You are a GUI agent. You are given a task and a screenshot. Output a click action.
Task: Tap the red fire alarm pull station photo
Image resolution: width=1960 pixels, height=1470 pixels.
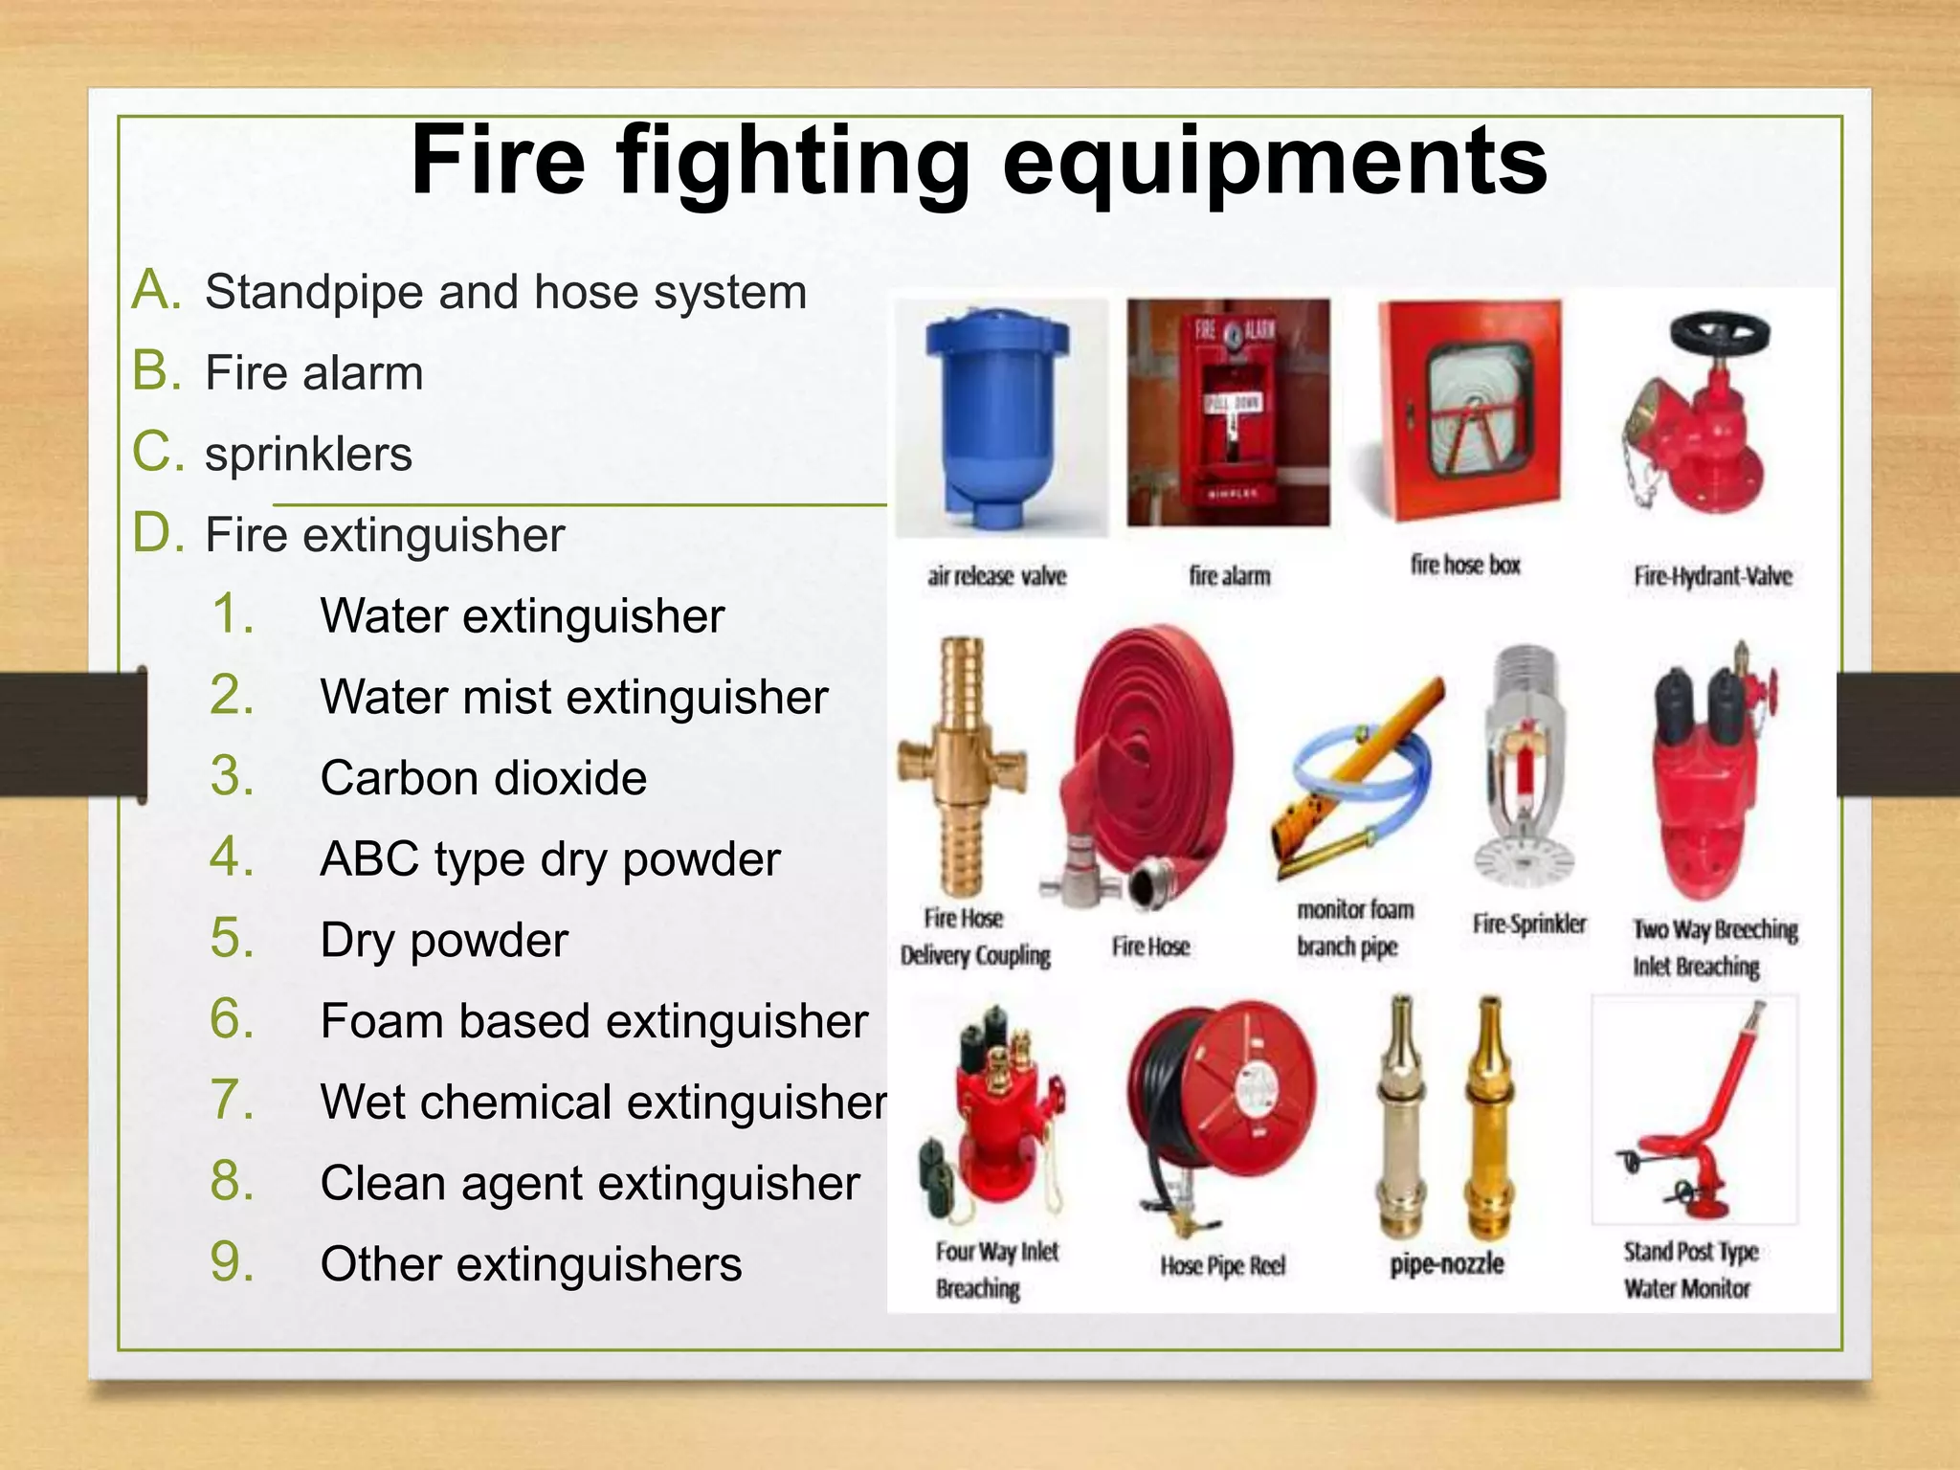(x=1228, y=412)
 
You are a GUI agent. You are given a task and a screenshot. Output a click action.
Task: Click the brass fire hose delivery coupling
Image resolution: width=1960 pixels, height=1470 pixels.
(x=963, y=766)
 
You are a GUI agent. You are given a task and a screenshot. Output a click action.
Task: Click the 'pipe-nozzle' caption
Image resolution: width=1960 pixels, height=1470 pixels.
(x=1447, y=1264)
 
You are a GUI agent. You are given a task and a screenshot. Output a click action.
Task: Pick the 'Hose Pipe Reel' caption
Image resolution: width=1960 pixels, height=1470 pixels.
(x=1222, y=1265)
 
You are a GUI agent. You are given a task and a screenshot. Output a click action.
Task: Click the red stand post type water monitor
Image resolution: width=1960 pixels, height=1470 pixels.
(x=1699, y=1120)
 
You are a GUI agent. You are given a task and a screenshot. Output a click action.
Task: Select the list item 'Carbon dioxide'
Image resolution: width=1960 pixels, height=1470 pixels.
(x=483, y=778)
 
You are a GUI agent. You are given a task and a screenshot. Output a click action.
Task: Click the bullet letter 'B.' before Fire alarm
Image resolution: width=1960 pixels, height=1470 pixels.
(x=157, y=371)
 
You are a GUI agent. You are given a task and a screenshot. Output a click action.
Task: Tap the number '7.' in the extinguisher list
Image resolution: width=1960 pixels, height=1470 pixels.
(x=233, y=1101)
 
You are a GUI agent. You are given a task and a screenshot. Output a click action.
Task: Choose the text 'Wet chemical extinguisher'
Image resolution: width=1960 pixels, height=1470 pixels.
(x=603, y=1102)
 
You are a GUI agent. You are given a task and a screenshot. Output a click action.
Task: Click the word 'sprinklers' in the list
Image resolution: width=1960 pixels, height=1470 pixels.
(x=308, y=454)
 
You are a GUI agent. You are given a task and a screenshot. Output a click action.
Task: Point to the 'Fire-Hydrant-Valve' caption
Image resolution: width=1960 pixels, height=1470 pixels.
(x=1712, y=576)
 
